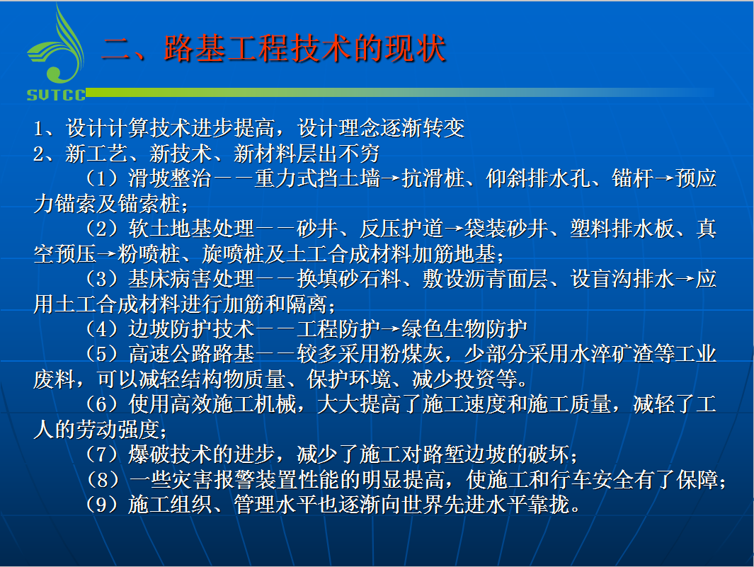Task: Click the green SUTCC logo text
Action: [56, 95]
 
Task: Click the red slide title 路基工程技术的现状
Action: [305, 49]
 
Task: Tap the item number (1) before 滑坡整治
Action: [102, 178]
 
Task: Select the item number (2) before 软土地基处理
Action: [102, 229]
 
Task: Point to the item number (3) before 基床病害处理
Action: [102, 279]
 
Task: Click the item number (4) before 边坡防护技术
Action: [102, 329]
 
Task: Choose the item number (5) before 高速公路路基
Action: [102, 354]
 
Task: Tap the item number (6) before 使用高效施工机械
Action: [102, 404]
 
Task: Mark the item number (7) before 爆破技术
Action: [102, 454]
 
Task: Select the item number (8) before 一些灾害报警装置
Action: [102, 479]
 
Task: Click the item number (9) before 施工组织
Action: [102, 505]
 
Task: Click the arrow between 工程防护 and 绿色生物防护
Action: [391, 329]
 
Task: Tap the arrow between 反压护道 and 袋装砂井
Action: [453, 229]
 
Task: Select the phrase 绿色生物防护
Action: [464, 329]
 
